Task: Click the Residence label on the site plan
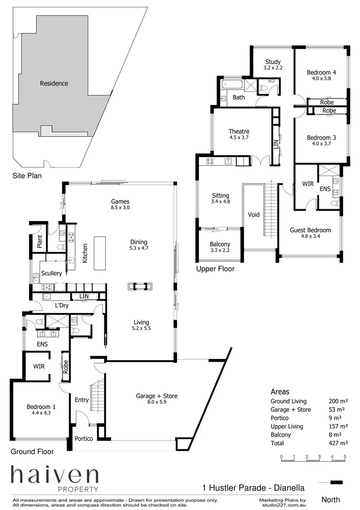54,84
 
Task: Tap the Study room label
273,62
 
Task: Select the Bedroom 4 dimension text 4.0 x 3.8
321,79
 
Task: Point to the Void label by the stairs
253,214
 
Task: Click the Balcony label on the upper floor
220,244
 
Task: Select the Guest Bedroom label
310,230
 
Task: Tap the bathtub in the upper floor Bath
232,85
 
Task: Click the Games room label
120,201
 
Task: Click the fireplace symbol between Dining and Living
141,286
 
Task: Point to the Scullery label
51,273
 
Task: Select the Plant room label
40,241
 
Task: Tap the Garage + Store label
157,396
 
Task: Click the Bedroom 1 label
41,407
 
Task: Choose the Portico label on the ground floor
84,439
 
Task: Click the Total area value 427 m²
338,443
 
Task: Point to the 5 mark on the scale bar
345,457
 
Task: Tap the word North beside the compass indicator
330,499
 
